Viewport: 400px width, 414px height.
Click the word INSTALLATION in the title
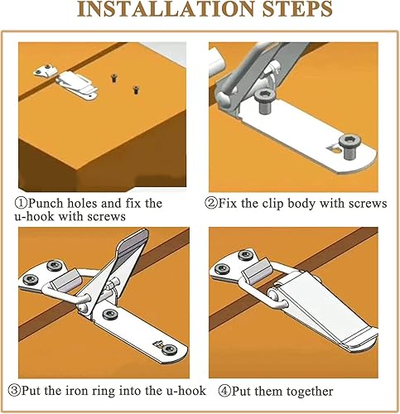coord(166,9)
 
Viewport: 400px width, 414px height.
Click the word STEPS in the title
coord(297,9)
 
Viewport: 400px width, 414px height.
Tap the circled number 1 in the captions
coord(21,204)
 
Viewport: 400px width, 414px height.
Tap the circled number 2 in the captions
coord(211,204)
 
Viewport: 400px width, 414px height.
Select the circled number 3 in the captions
coord(14,391)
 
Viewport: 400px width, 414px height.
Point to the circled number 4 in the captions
coord(224,391)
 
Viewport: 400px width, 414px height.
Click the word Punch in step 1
coord(46,204)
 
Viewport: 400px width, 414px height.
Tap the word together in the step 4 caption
coord(310,392)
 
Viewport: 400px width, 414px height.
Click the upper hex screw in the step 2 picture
coord(265,101)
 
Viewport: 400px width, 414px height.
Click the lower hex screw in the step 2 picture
coord(350,147)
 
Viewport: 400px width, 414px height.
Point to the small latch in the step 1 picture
coord(76,84)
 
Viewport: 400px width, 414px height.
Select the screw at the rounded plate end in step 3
coord(169,349)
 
